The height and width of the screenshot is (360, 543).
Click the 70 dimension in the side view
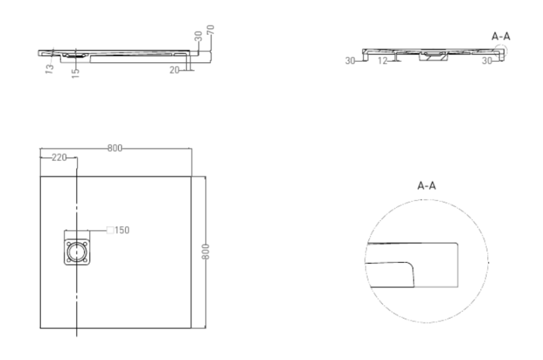[x=210, y=30]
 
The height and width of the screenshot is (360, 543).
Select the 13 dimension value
[x=50, y=68]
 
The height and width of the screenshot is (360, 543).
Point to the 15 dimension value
[x=75, y=73]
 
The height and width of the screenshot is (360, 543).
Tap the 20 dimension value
[x=174, y=70]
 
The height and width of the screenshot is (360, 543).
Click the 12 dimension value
[x=382, y=61]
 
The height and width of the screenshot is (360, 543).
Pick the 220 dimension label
[x=59, y=158]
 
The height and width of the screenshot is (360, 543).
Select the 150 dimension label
[x=122, y=230]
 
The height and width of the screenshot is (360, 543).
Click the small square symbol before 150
[x=110, y=230]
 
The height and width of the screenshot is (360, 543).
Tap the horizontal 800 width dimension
[x=115, y=148]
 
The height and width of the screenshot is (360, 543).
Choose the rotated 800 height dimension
[x=206, y=252]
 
